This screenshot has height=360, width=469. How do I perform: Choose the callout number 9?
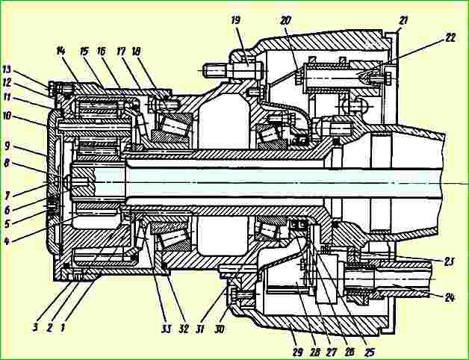7,146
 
